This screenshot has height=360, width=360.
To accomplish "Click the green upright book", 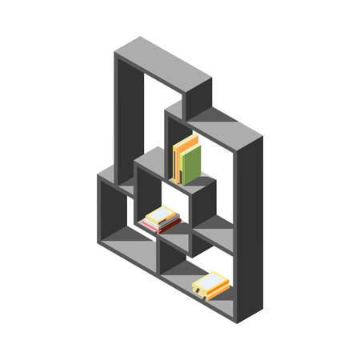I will pos(191,165).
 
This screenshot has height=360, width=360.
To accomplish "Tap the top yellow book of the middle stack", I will pos(161,215).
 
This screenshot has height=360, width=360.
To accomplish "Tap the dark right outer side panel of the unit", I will pos(249,232).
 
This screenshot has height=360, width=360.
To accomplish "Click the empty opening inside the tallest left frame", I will pos(152,120).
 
